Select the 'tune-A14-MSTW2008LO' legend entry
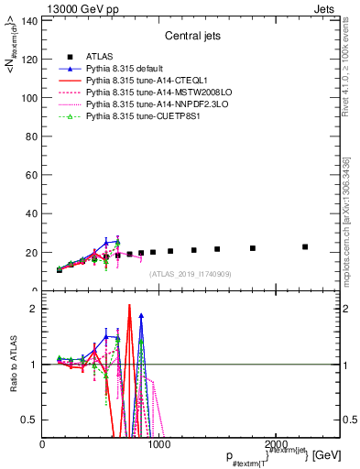[x=149, y=93]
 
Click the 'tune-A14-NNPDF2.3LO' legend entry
[x=149, y=104]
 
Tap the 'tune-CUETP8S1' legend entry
[x=138, y=116]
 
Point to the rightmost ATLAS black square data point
[x=305, y=246]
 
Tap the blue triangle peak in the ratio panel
[x=141, y=315]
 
